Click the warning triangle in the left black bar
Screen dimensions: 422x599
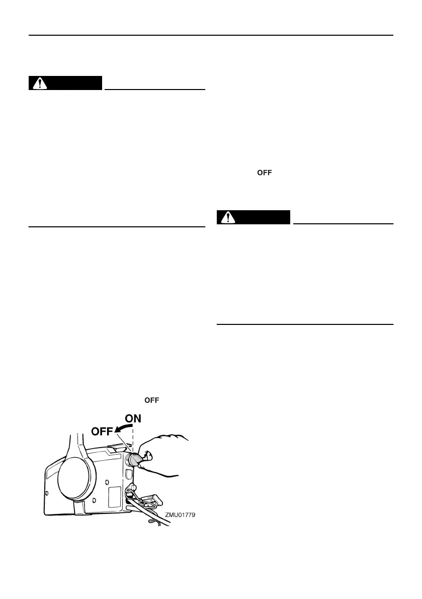point(37,83)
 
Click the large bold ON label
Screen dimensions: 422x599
point(133,418)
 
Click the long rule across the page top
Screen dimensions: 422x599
point(211,36)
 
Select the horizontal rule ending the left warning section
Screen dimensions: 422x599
point(117,227)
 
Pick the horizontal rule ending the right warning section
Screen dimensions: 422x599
point(304,325)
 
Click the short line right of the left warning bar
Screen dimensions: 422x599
point(155,89)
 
